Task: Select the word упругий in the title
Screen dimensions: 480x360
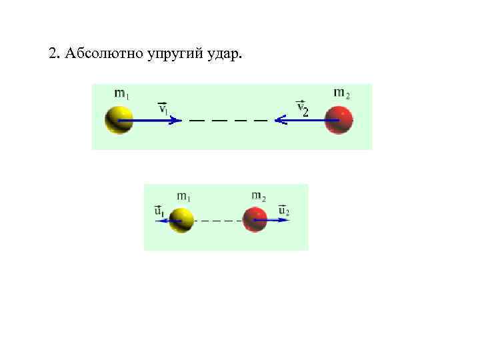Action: tap(163, 53)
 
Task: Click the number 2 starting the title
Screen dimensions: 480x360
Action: tap(52, 53)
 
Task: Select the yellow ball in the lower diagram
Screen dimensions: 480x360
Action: tap(181, 219)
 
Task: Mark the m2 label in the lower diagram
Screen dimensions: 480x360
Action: tap(259, 196)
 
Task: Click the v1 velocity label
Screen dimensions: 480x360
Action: tap(164, 108)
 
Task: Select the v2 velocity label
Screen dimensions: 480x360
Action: tap(302, 108)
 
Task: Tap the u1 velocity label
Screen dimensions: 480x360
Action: tap(160, 211)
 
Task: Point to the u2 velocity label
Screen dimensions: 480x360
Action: tap(283, 211)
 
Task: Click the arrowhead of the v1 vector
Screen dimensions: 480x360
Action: tap(176, 121)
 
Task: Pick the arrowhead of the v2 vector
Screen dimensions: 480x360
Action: tap(279, 121)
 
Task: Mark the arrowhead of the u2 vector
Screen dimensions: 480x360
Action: tap(276, 219)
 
